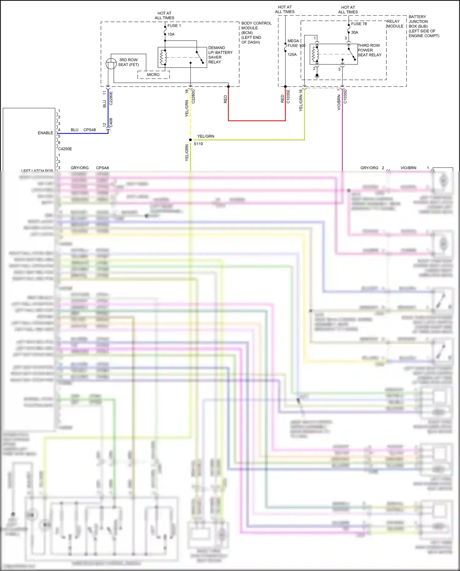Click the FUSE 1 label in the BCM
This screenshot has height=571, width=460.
tap(174, 26)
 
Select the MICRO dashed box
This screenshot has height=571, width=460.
tap(153, 75)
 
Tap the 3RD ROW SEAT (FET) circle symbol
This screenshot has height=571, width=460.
tap(111, 64)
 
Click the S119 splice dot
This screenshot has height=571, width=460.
tap(190, 140)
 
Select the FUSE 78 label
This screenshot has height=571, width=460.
tap(359, 24)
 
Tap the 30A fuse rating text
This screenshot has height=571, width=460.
tap(355, 33)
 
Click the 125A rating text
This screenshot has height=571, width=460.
tap(292, 55)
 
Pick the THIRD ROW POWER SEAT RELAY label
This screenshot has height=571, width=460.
tap(369, 50)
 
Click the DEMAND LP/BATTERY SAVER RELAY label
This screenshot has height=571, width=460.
tap(220, 55)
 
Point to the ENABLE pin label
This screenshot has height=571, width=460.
tap(45, 133)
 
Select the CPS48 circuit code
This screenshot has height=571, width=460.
tap(90, 130)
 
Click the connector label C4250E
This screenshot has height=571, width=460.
tap(65, 149)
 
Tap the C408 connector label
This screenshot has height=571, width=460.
tap(111, 122)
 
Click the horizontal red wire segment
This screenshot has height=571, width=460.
tap(257, 121)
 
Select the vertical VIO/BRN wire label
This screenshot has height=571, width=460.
tap(339, 102)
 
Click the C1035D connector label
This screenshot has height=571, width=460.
tap(345, 96)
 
